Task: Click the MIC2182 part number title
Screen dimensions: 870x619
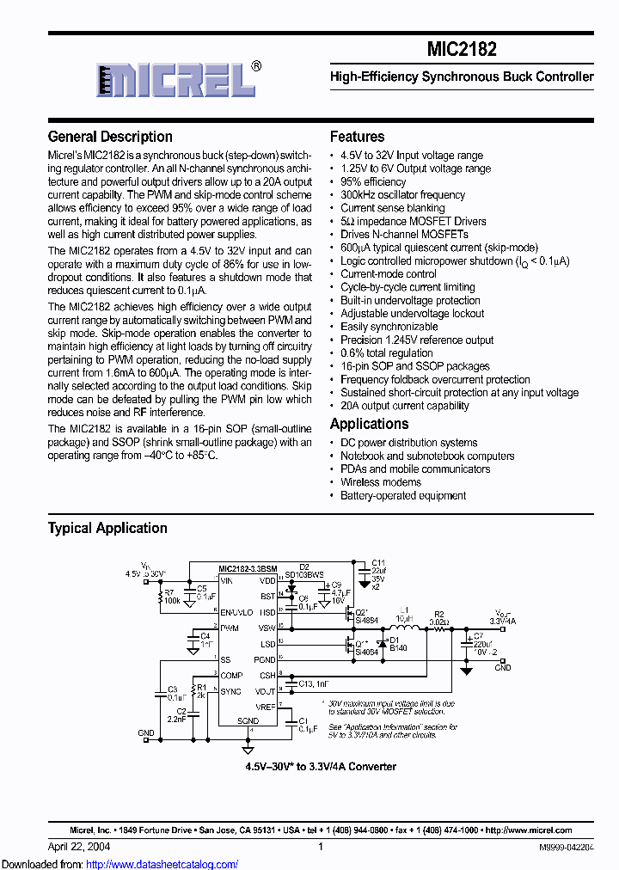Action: [462, 49]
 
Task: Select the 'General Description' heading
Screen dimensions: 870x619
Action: [110, 137]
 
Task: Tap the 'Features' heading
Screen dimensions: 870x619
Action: [357, 137]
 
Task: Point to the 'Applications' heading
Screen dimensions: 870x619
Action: [369, 424]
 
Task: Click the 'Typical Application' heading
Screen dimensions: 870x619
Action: [107, 528]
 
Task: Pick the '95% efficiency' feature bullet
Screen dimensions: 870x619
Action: [373, 182]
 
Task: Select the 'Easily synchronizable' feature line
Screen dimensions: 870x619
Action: [389, 327]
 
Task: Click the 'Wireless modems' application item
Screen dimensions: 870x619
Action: [381, 482]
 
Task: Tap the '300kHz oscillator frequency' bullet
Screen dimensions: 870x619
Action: [402, 195]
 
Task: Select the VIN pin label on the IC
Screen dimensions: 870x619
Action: [227, 581]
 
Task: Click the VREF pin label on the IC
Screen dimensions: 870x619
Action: [265, 706]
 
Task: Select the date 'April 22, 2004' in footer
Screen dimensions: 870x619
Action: [79, 846]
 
